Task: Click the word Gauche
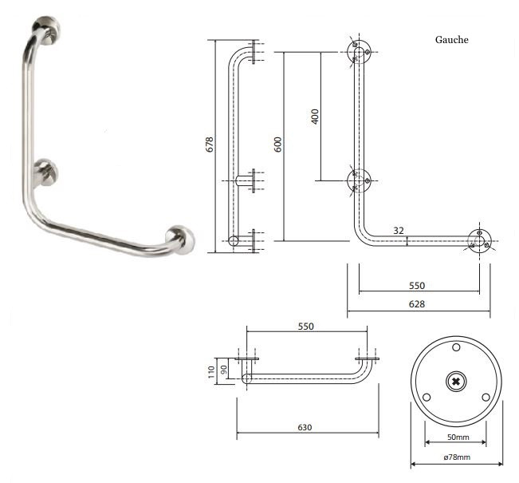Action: tap(451, 40)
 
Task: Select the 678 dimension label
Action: tap(210, 145)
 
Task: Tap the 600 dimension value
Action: tap(277, 145)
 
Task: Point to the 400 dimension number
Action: tap(315, 117)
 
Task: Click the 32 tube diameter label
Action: tap(399, 231)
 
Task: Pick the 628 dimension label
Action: tap(417, 304)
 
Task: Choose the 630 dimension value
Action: tap(305, 427)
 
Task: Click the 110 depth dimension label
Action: tap(211, 372)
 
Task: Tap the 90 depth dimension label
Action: tap(224, 369)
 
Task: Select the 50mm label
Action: tap(458, 437)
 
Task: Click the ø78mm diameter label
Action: tap(457, 457)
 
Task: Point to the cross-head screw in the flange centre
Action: tap(456, 382)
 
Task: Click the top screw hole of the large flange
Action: tap(456, 347)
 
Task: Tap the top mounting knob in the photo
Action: tap(47, 30)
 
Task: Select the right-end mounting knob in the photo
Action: tap(180, 240)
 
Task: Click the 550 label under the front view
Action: tap(417, 286)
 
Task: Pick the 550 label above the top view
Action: tap(306, 327)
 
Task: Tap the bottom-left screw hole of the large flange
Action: tap(427, 397)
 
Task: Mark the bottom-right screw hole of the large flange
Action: tap(486, 397)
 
